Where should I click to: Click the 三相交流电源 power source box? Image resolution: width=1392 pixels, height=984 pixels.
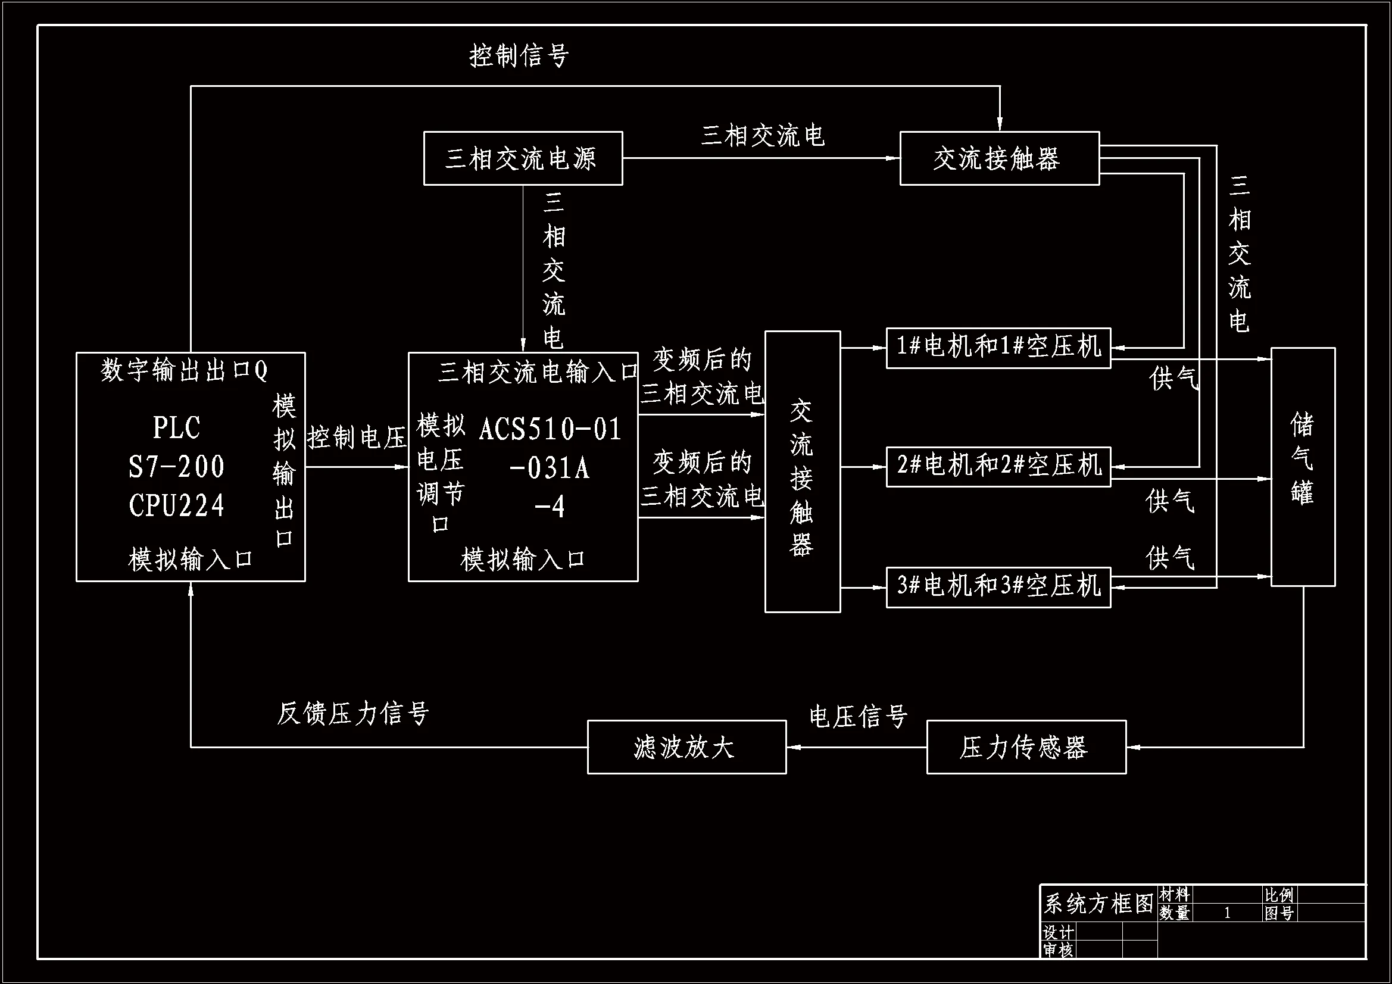click(x=523, y=158)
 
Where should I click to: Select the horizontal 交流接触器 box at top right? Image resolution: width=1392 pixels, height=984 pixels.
click(x=998, y=158)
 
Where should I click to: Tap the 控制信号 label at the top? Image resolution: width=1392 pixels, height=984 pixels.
click(x=519, y=56)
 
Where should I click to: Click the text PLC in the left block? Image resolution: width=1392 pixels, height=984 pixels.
click(x=176, y=428)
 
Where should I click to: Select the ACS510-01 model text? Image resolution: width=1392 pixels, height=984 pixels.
click(x=550, y=429)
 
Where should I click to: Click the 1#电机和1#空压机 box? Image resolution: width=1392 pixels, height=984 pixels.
click(x=998, y=348)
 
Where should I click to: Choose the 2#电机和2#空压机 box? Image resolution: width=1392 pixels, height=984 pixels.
click(x=998, y=466)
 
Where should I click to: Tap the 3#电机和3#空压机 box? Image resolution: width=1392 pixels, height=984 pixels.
click(x=998, y=586)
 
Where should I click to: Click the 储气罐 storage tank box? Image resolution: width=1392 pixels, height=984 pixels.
click(x=1302, y=466)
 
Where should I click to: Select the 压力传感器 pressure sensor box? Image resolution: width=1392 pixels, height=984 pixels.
click(x=1026, y=747)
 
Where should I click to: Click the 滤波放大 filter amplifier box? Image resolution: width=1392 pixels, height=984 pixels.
click(x=686, y=747)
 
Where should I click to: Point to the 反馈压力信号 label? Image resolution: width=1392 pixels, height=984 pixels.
click(x=353, y=713)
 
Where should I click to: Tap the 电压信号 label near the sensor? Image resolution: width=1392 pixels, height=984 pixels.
click(x=858, y=717)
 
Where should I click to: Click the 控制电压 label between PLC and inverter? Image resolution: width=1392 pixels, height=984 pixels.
click(x=357, y=437)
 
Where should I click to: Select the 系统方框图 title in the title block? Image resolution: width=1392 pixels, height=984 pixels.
click(x=1098, y=904)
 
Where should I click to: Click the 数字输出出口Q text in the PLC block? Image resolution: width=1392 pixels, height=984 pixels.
click(x=184, y=370)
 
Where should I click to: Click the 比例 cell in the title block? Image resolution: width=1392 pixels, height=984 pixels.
click(x=1279, y=895)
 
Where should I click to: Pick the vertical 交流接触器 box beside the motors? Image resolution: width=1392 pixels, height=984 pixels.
click(x=802, y=471)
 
